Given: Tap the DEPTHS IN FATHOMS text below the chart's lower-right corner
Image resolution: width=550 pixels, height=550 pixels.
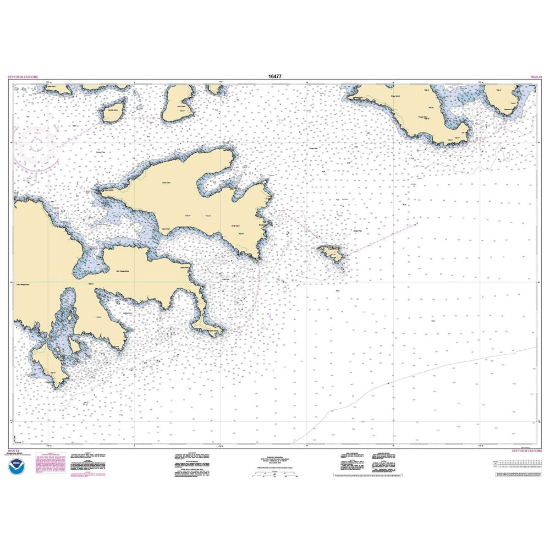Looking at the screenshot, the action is pyautogui.click(x=526, y=452).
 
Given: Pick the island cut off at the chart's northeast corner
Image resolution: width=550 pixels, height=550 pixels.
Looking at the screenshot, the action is pyautogui.click(x=503, y=99).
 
